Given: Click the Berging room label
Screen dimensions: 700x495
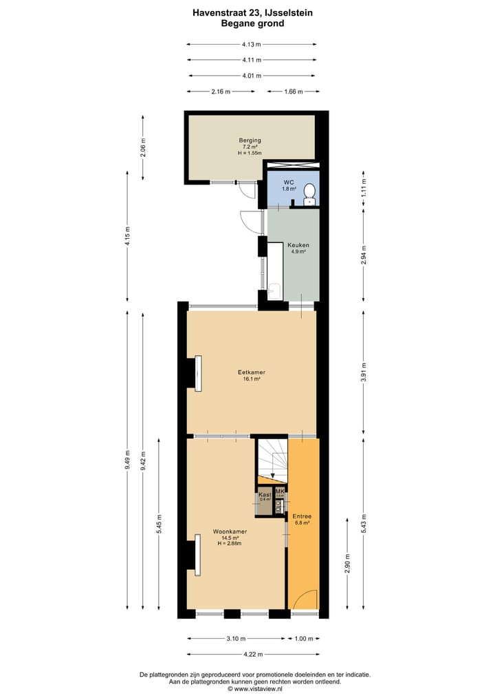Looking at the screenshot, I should pos(250,140).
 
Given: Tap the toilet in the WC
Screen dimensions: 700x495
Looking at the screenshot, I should pos(310,193).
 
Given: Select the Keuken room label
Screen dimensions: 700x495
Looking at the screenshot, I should pos(298,245).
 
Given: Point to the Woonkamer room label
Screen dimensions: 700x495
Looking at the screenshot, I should pos(230,532).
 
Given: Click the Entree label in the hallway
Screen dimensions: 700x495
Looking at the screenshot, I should pos(302,516).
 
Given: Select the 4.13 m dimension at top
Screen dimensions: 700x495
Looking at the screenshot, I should pos(251,45).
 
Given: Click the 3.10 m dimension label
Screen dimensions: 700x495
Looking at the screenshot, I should pos(235,638).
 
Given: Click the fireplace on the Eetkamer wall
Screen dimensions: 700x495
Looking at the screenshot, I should pos(197,373).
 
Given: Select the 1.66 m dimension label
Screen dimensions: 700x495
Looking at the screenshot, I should pos(292,92).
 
